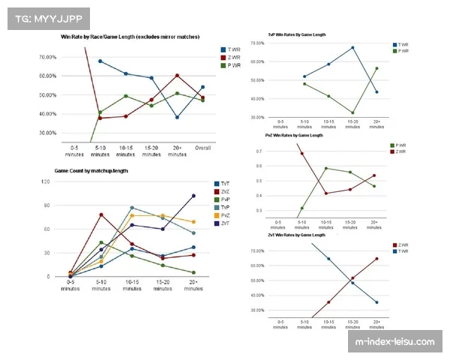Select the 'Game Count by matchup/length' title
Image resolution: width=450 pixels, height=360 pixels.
point(91,172)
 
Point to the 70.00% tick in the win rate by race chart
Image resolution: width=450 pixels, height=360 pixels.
point(46,57)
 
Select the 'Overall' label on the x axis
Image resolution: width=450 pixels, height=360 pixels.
point(202,148)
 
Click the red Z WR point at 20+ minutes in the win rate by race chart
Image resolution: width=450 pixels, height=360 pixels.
point(177,75)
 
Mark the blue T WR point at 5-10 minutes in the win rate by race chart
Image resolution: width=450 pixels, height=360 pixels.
point(100,61)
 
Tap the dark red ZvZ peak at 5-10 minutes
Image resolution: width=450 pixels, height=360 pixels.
point(100,214)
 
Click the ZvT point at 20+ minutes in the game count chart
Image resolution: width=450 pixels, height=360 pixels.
point(193,196)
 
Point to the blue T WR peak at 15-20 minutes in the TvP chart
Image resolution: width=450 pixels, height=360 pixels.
point(352,47)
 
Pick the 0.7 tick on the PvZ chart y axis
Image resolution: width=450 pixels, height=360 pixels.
point(260,151)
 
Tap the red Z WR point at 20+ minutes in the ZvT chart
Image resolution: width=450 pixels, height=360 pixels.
point(376,259)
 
